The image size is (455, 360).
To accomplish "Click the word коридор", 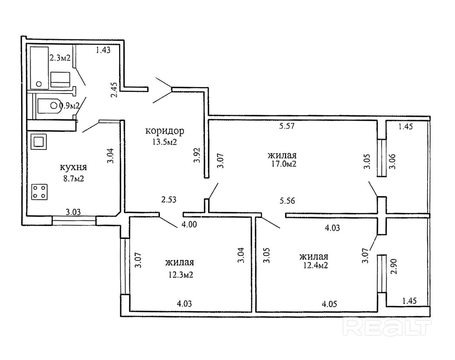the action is [x=165, y=132].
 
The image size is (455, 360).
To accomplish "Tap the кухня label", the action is [x=73, y=168].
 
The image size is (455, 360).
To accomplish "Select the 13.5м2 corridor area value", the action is [x=164, y=142].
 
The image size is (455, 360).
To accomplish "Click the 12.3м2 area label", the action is [x=181, y=275].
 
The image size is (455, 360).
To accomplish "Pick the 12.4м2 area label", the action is [x=316, y=265].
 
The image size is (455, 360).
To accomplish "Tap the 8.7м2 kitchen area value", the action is [x=73, y=179].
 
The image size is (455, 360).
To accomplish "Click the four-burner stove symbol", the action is [x=39, y=192].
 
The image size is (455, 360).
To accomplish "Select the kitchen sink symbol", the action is [x=39, y=142].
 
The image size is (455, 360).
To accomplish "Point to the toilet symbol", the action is [x=49, y=106].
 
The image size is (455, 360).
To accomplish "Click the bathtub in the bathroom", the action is [x=39, y=68].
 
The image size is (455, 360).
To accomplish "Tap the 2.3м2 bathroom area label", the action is [x=60, y=58].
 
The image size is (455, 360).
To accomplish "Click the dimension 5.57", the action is [x=287, y=126].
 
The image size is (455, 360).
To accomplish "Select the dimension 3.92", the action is [x=197, y=155].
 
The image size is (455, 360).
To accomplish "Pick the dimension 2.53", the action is [x=169, y=199].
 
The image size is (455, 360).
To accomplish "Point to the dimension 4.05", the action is [x=329, y=304].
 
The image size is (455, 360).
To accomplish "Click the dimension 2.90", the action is [x=394, y=266].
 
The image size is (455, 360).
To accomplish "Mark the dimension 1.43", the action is [x=103, y=50].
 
